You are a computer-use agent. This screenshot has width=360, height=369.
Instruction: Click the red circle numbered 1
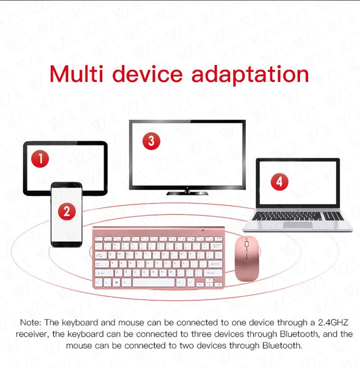coord(40,159)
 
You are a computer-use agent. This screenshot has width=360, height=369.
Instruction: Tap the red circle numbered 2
coord(67,211)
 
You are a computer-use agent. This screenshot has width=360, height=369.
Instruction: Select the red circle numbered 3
coord(151,141)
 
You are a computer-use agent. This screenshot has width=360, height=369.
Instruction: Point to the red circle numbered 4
coord(279,182)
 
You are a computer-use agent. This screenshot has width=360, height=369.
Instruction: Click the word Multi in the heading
coord(76,74)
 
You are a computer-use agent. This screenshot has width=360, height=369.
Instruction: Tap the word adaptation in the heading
coord(250,75)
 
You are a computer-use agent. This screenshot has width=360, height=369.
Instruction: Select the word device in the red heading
coord(148,74)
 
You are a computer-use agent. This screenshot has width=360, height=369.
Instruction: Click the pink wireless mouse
coord(247,258)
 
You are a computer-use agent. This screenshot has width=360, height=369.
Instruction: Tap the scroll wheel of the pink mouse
coord(247,244)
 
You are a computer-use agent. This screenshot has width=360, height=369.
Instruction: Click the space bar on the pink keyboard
coord(153,282)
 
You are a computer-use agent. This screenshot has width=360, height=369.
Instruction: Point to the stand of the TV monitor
coord(187,192)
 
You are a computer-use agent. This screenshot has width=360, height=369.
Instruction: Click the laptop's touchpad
coord(298,225)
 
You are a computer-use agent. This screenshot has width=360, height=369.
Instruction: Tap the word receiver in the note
coord(32,334)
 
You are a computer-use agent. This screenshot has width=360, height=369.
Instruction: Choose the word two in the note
coord(187,346)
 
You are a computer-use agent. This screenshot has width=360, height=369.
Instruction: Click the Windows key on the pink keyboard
coord(116,282)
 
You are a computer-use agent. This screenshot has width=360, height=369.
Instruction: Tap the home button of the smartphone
coord(67,243)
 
